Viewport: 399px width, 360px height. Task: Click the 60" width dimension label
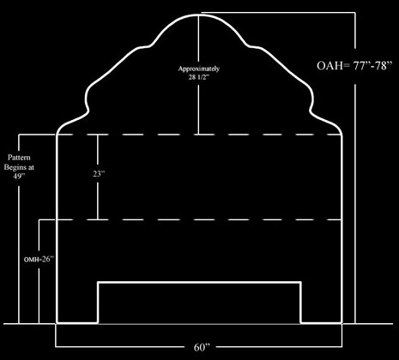[x=202, y=347]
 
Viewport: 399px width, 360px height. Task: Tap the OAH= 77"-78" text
[x=354, y=65]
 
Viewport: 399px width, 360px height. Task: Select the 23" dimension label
[x=99, y=173]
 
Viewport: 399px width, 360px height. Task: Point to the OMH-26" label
[x=39, y=259]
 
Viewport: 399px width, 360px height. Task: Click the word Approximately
[x=199, y=69]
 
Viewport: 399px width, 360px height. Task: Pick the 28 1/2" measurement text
[x=199, y=77]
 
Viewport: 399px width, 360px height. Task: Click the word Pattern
[x=19, y=158]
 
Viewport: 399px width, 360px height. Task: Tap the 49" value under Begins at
[x=19, y=176]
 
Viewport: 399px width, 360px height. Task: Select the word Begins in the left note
[x=13, y=167]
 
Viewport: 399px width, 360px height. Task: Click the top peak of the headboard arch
[x=199, y=15]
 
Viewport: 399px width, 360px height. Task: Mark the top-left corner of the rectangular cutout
[x=98, y=283]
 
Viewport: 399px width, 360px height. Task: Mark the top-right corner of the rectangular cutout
[x=300, y=283]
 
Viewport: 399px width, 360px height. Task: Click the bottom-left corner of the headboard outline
[x=57, y=323]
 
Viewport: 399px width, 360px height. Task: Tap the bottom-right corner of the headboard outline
[x=342, y=323]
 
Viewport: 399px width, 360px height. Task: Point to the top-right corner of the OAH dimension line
[x=355, y=13]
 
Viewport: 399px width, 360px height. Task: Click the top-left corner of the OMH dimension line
[x=39, y=219]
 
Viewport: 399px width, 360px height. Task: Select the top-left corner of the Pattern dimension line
[x=19, y=135]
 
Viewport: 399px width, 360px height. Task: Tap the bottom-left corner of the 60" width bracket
[x=56, y=347]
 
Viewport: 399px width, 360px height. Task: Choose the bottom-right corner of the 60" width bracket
[x=342, y=347]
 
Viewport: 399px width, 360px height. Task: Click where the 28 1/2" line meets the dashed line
[x=199, y=135]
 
